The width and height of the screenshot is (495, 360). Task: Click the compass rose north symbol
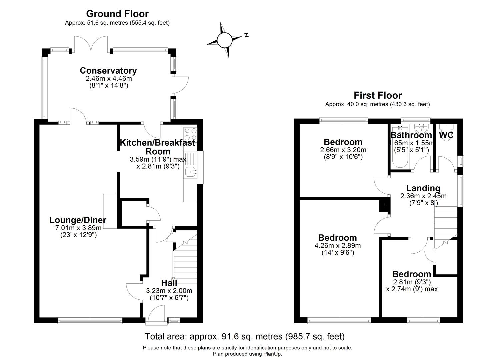click(225, 40)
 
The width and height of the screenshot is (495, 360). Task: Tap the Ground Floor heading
click(117, 14)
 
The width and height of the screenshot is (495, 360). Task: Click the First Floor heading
click(378, 95)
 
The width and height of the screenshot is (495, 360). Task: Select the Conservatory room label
click(108, 71)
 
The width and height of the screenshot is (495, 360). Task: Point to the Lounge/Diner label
click(78, 220)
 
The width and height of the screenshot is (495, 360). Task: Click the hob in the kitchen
click(190, 134)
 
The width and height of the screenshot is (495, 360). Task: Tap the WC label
click(446, 135)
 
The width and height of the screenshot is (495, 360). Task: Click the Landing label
click(423, 188)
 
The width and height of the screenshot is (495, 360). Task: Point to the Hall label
click(169, 283)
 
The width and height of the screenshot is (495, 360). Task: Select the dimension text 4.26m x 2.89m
click(337, 246)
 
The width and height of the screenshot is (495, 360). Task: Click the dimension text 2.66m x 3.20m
click(343, 150)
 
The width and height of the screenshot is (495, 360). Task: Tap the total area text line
click(245, 336)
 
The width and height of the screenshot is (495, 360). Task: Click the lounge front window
click(90, 321)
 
